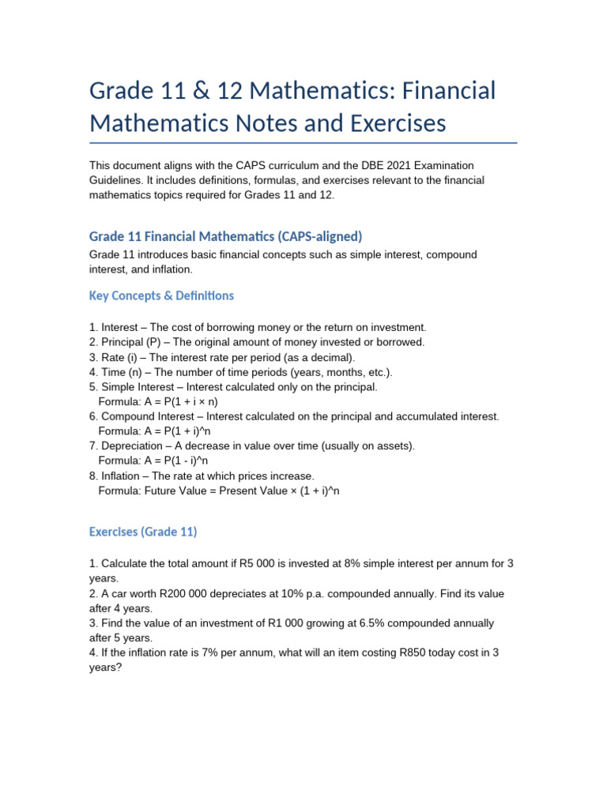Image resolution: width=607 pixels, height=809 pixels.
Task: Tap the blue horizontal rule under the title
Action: (x=303, y=143)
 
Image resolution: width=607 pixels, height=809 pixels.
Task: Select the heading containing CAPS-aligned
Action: (x=225, y=236)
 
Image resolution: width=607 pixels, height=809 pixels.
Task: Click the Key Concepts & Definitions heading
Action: (x=161, y=295)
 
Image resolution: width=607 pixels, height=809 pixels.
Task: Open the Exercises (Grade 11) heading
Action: (x=143, y=532)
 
